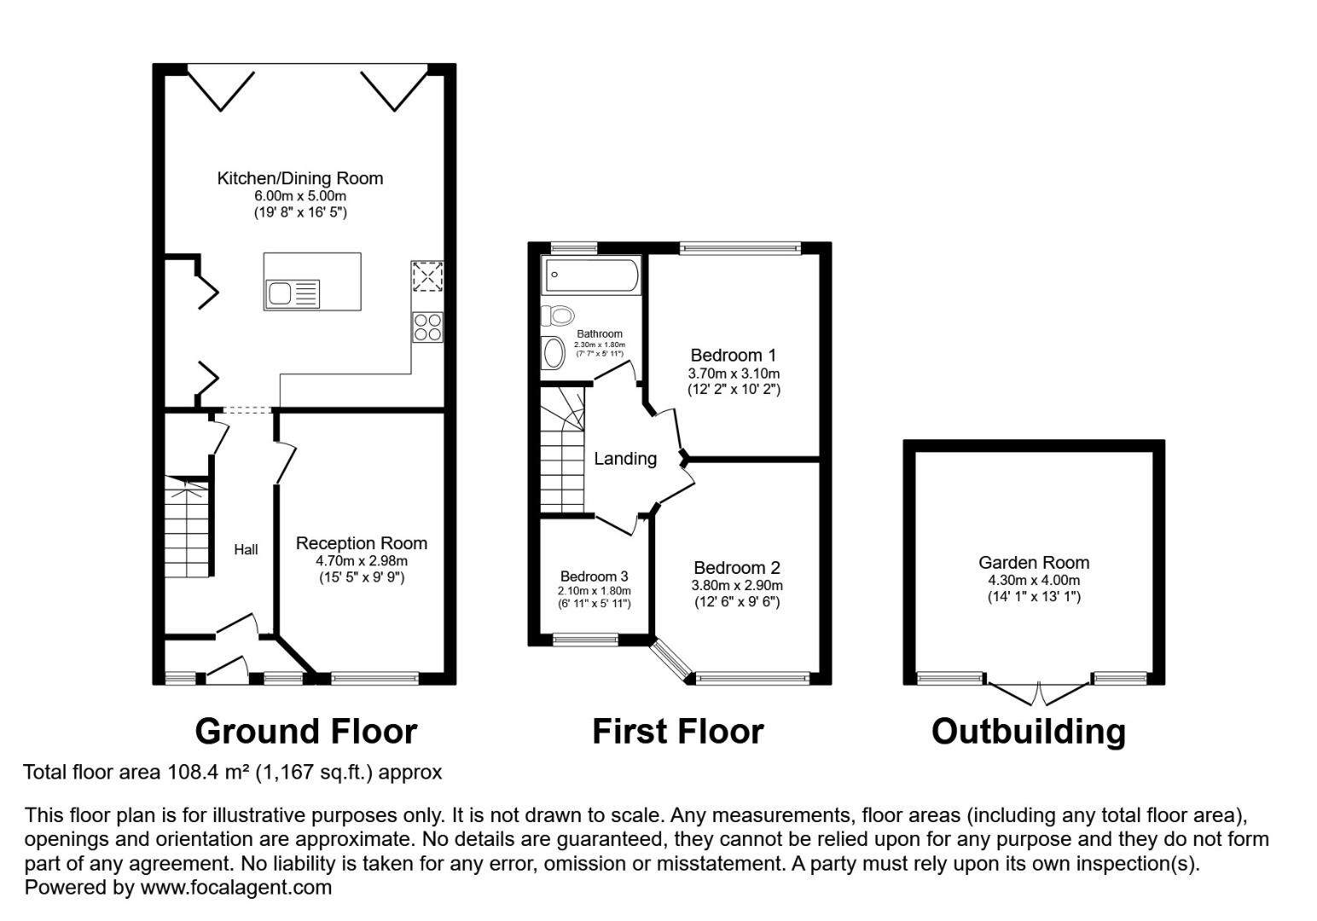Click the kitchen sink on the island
pyautogui.click(x=293, y=293)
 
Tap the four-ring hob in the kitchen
pyautogui.click(x=427, y=327)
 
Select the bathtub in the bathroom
pyautogui.click(x=591, y=275)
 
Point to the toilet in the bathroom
pyautogui.click(x=557, y=316)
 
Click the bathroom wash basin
pyautogui.click(x=553, y=353)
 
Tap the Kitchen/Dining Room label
pyautogui.click(x=300, y=178)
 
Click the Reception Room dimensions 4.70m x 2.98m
pyautogui.click(x=362, y=561)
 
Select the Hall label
pyautogui.click(x=246, y=549)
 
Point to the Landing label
pyautogui.click(x=625, y=459)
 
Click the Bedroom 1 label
pyautogui.click(x=734, y=355)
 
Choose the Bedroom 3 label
pyautogui.click(x=594, y=576)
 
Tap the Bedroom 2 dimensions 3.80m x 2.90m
pyautogui.click(x=737, y=585)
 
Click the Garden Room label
pyautogui.click(x=1034, y=563)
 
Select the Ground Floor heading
pyautogui.click(x=305, y=731)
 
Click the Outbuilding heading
pyautogui.click(x=1029, y=732)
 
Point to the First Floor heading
pyautogui.click(x=677, y=731)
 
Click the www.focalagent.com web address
pyautogui.click(x=235, y=887)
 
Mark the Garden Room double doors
pyautogui.click(x=1039, y=693)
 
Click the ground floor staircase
pyautogui.click(x=187, y=526)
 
